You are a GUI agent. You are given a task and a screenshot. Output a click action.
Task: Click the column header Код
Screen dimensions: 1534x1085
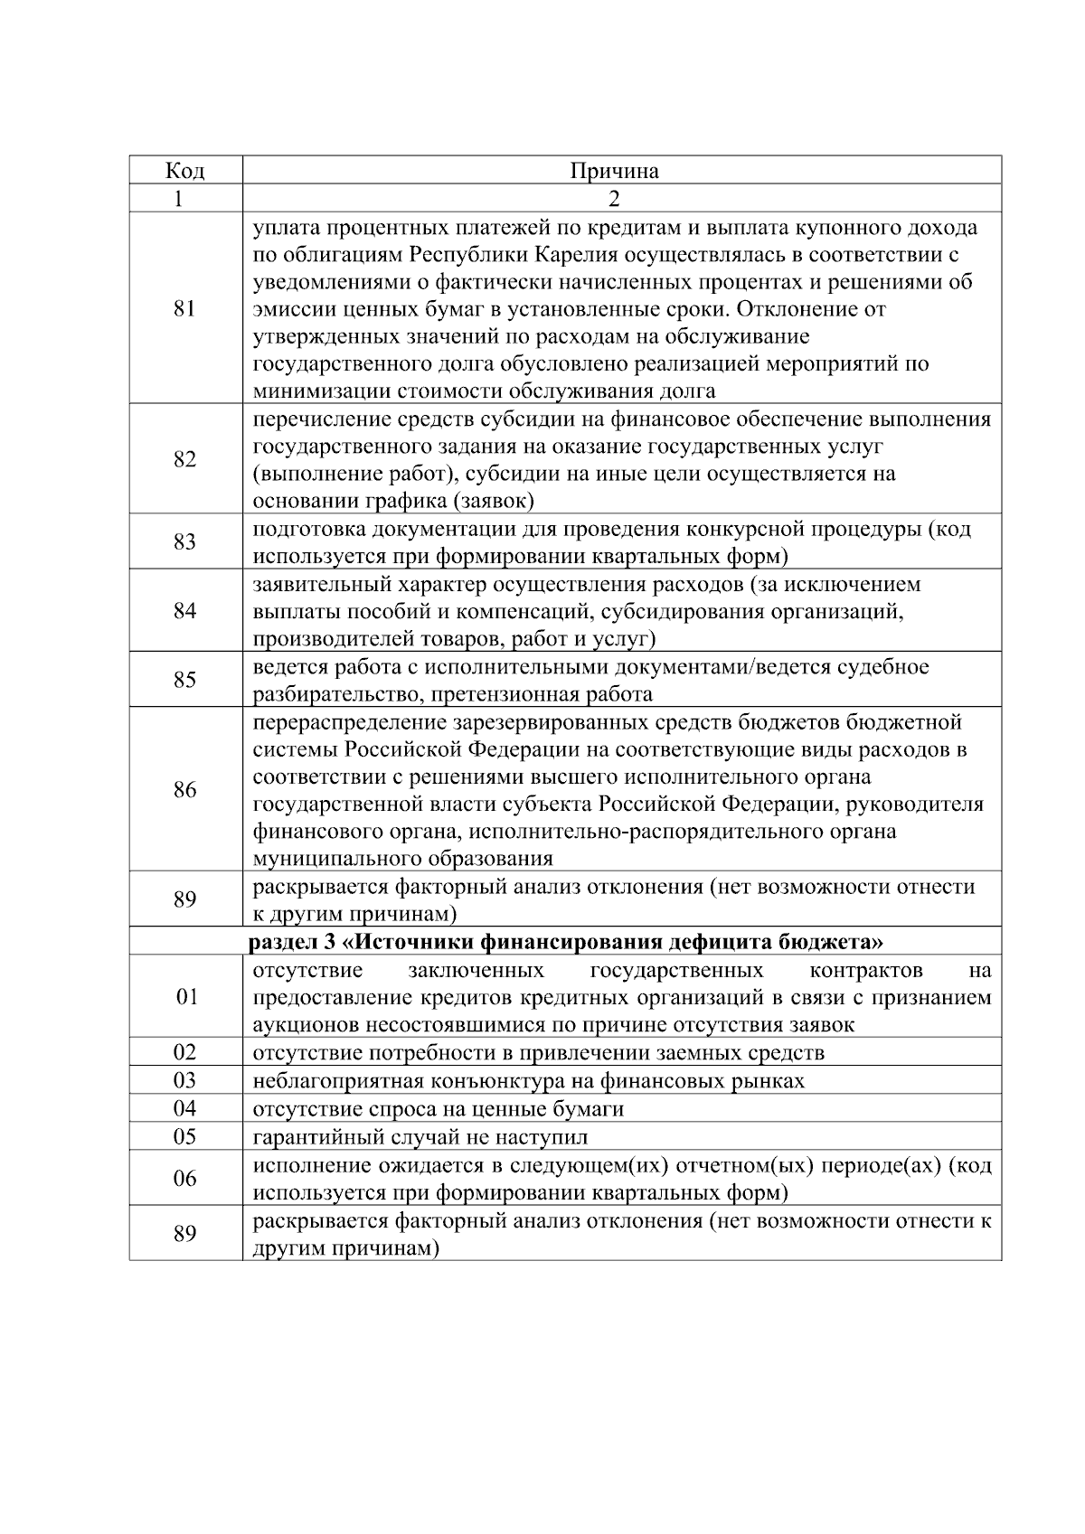[x=184, y=171]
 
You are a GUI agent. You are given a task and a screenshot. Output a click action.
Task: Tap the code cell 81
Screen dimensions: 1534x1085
[x=184, y=308]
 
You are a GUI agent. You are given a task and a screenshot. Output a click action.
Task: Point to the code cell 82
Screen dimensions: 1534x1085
[x=184, y=459]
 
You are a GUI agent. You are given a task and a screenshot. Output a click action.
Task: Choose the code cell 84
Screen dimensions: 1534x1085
[x=184, y=611]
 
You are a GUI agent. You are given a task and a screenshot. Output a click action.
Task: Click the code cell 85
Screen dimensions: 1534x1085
[x=184, y=680]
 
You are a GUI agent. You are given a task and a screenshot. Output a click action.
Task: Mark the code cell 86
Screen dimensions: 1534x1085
[x=184, y=790]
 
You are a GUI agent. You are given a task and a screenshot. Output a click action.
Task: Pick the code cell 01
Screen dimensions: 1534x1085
[x=184, y=997]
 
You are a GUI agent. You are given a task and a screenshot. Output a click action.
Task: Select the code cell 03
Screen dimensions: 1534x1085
[x=184, y=1080]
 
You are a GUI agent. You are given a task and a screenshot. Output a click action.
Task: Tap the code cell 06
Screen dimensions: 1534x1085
[x=184, y=1178]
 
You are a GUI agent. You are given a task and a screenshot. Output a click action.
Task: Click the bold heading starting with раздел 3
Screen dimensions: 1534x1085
[x=566, y=942]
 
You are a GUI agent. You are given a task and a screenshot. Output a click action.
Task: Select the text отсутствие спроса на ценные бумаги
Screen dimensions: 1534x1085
[x=439, y=1108]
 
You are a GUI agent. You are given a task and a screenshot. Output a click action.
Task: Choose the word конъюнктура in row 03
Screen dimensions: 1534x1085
[x=476, y=1080]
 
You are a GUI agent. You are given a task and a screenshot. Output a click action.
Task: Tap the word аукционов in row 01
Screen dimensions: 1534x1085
[x=302, y=1025]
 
